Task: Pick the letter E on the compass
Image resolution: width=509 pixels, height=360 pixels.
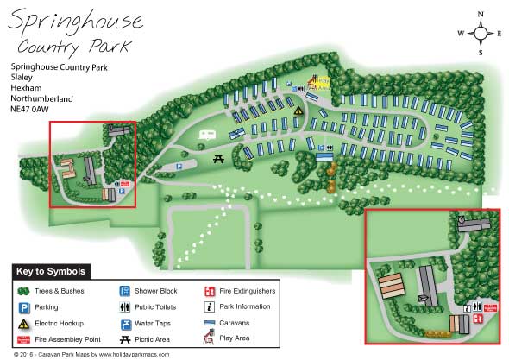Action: pos(499,34)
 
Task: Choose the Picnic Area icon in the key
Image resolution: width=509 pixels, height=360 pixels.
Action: pos(124,339)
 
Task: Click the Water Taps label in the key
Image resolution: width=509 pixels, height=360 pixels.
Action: pos(155,323)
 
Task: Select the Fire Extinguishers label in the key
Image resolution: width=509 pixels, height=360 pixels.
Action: pos(249,291)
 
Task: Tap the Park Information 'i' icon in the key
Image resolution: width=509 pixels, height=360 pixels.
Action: pos(210,306)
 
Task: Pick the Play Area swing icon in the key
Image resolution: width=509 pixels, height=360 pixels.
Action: pos(210,339)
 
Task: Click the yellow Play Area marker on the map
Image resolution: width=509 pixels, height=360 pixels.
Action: pos(318,83)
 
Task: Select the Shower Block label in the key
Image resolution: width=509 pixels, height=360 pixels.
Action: pos(156,291)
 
